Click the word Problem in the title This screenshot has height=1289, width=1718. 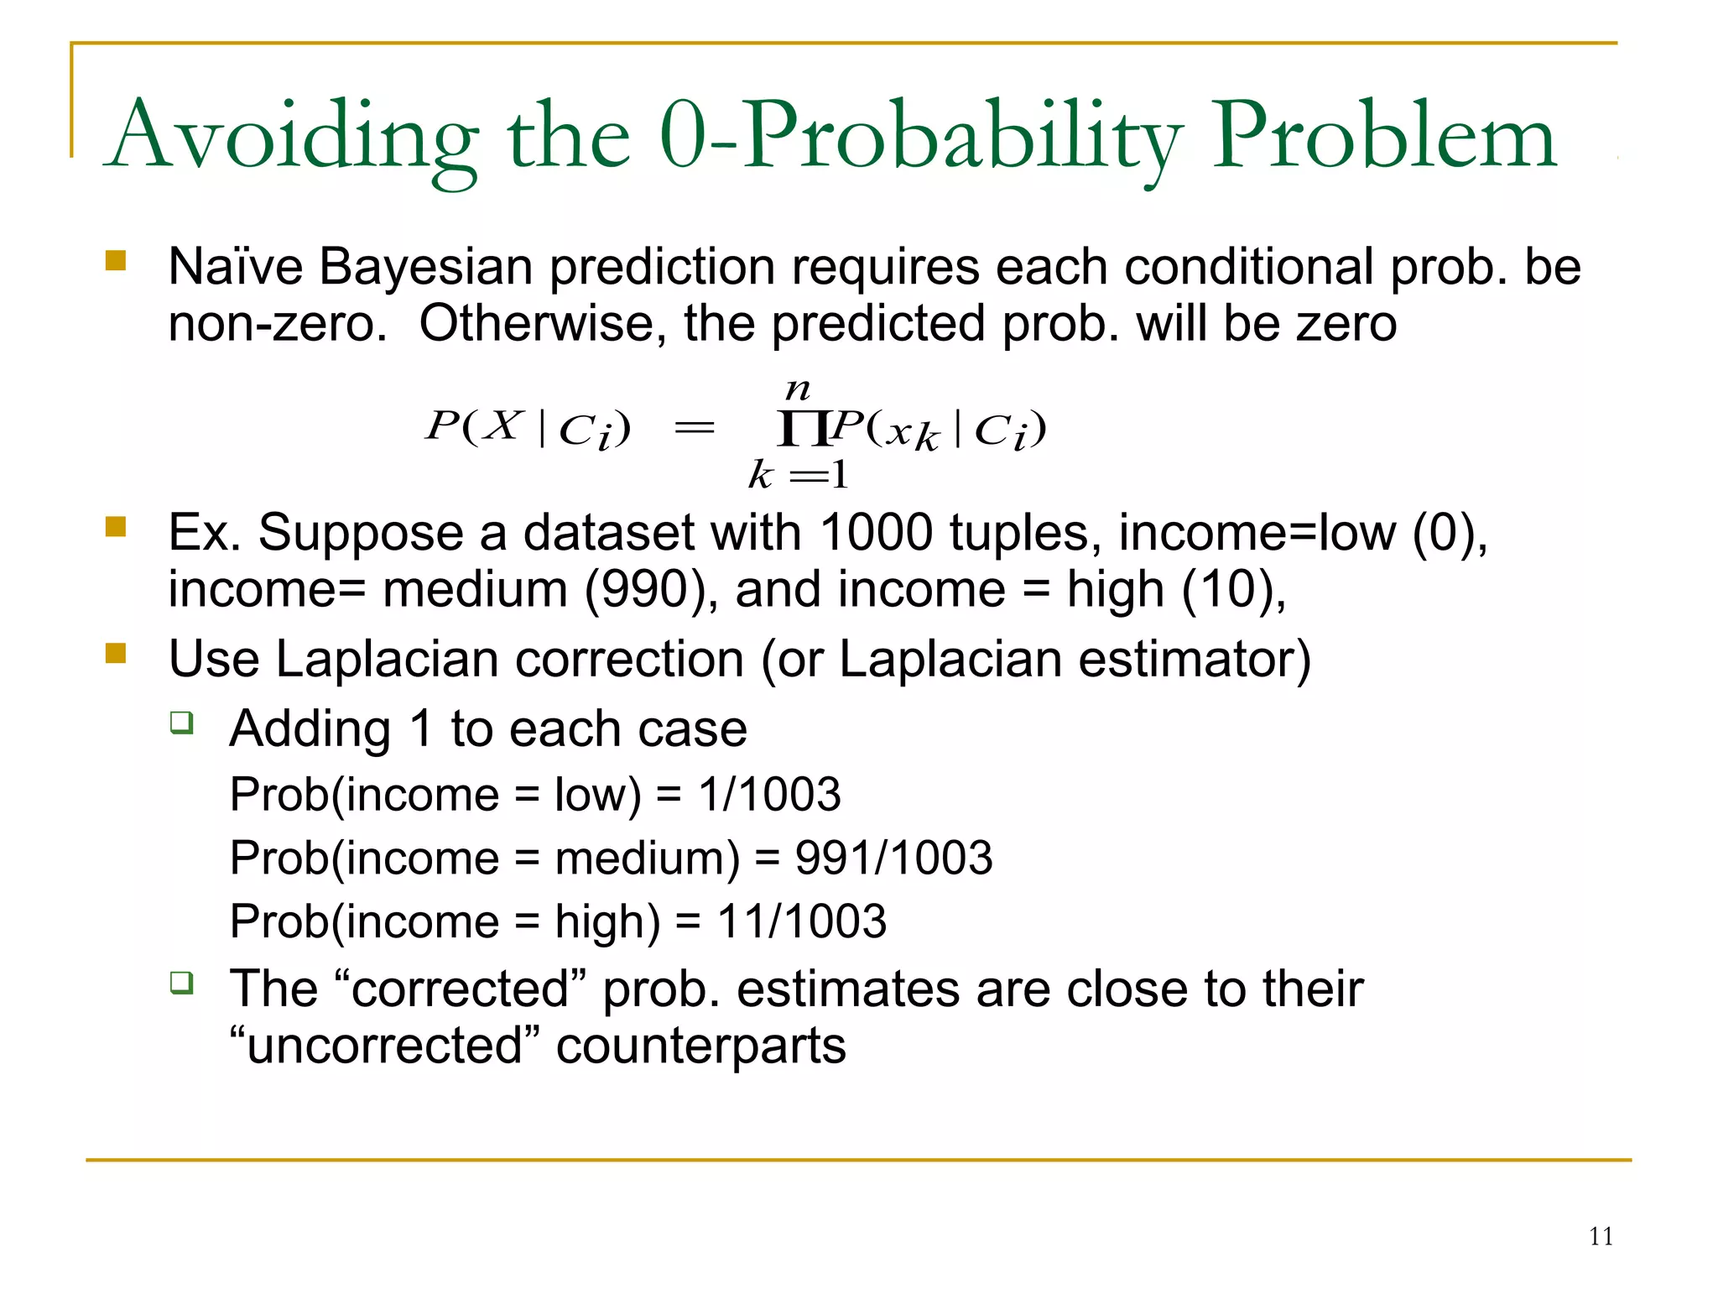1384,136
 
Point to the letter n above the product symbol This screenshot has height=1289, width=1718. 797,389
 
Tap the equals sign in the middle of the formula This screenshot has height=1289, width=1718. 695,429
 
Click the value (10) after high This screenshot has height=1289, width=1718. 1231,589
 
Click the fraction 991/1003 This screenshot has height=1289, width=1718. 893,858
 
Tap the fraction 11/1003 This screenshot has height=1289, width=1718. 801,921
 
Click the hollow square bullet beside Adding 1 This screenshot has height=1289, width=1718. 181,722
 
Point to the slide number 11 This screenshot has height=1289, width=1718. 1601,1236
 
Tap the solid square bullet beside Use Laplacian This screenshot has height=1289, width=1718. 116,653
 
